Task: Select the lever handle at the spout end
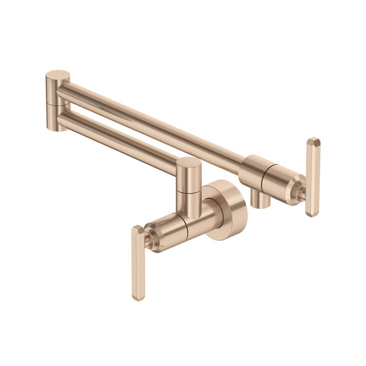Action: [x=312, y=177]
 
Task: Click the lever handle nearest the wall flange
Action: [x=138, y=262]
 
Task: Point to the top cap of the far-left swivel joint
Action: [x=58, y=77]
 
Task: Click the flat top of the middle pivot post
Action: [x=188, y=164]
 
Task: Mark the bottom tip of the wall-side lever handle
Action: [x=139, y=297]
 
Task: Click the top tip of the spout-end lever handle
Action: [x=314, y=142]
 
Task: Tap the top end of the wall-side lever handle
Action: [x=137, y=230]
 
